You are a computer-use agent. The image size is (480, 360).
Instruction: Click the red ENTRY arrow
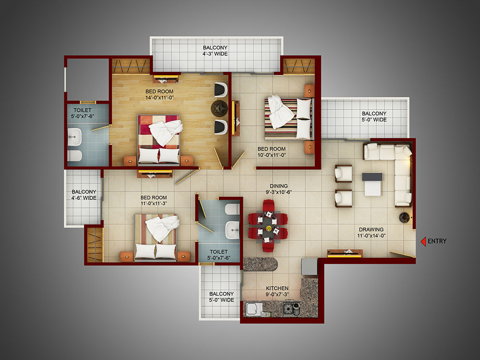coord(423,241)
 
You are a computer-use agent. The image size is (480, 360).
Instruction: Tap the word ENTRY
coord(437,241)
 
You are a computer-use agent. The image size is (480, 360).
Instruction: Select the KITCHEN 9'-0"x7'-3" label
coord(277,291)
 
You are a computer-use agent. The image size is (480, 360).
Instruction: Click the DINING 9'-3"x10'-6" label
coord(278,189)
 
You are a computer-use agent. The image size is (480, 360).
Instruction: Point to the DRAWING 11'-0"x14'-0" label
coord(372,232)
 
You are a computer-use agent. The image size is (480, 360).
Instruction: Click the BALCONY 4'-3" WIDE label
coord(215,50)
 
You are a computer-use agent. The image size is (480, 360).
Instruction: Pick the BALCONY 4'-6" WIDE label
coord(84,195)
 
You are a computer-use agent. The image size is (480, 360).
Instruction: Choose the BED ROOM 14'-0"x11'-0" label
coord(159,94)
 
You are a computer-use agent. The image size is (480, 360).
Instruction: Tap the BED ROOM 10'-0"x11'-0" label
coord(272,152)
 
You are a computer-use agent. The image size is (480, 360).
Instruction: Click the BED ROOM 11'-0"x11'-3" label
coord(154,201)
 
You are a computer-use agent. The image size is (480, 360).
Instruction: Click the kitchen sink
coord(254,309)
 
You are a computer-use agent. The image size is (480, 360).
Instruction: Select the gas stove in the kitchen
coord(291,309)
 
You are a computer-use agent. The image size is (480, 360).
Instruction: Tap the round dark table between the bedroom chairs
coord(219,108)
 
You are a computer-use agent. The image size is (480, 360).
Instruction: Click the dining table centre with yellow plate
coord(268,228)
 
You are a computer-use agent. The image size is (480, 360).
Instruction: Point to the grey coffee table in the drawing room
coord(372,184)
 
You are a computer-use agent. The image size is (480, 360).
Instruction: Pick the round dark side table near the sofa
coord(404,217)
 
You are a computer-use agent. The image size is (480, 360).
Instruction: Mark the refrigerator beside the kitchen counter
coord(309,266)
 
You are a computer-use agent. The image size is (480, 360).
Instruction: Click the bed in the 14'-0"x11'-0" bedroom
coord(158,140)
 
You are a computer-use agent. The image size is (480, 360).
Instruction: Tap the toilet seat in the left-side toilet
coord(74,156)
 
